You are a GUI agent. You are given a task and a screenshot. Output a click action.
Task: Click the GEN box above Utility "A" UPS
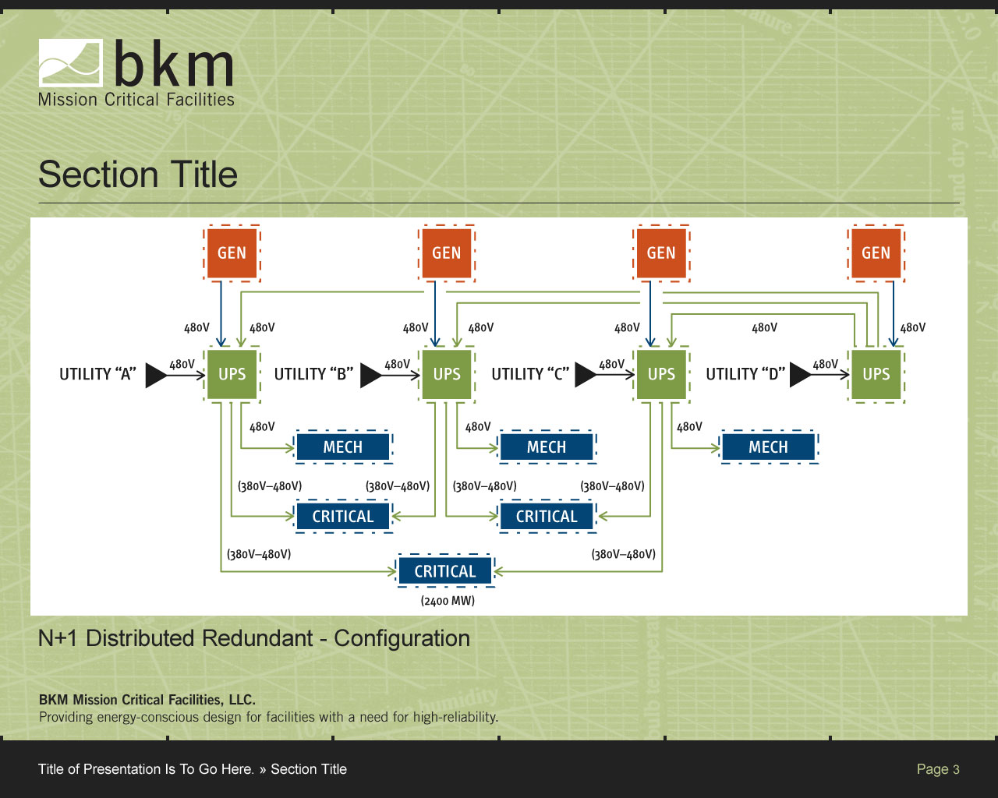click(x=232, y=253)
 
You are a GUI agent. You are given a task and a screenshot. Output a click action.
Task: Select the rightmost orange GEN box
click(x=876, y=253)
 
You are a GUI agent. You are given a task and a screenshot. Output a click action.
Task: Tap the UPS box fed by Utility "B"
click(x=447, y=374)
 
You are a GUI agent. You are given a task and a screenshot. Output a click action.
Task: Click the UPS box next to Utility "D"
click(x=876, y=374)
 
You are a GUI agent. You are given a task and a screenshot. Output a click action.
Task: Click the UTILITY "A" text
click(x=97, y=374)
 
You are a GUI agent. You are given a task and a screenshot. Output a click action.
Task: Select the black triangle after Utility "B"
click(x=370, y=375)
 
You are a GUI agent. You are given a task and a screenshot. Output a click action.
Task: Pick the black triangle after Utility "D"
click(x=800, y=375)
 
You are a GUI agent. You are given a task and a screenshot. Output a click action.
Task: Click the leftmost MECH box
click(x=343, y=447)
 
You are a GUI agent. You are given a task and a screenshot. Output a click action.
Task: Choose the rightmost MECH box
click(x=768, y=447)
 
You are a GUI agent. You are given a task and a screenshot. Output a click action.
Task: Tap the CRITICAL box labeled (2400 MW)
click(x=445, y=571)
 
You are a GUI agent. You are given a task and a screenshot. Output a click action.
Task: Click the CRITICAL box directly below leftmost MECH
click(x=343, y=517)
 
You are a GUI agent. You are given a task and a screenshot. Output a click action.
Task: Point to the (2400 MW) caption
click(x=448, y=601)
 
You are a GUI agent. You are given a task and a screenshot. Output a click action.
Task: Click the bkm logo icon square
click(x=71, y=63)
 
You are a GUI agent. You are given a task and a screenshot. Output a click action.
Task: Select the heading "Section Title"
click(x=138, y=175)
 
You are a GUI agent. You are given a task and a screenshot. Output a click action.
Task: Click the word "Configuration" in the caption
click(x=402, y=638)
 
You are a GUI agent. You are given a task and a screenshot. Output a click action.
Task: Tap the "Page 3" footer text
click(x=938, y=769)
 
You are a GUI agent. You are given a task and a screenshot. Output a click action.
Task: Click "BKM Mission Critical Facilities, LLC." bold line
click(x=147, y=700)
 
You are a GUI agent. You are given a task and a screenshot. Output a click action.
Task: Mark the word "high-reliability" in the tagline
click(x=458, y=717)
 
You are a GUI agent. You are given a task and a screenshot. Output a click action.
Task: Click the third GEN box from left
click(x=661, y=253)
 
